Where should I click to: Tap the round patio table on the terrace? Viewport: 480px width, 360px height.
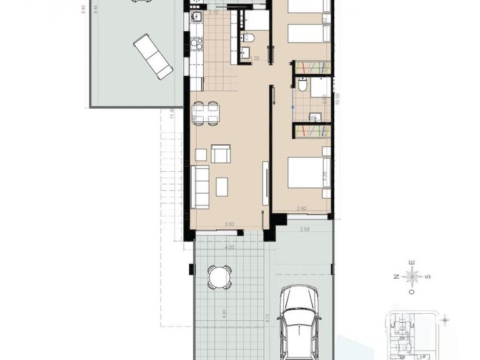tap(219, 276)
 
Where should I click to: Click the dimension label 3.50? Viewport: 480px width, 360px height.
tap(229, 224)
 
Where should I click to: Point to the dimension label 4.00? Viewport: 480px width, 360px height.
tap(230, 247)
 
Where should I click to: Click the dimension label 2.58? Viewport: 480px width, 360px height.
tap(304, 230)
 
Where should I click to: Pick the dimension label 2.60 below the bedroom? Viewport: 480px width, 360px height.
tap(301, 209)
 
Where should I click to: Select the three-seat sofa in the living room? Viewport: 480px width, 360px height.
tap(200, 186)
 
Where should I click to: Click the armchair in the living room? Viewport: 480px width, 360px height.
tap(221, 154)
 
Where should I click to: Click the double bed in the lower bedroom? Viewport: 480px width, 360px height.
tap(307, 173)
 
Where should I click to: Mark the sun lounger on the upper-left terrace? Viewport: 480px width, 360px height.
tap(153, 56)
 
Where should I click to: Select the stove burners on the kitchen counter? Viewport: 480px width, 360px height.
tap(196, 44)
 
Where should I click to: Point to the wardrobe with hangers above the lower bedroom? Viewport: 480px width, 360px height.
tap(312, 130)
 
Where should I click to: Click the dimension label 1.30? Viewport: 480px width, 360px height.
tap(254, 59)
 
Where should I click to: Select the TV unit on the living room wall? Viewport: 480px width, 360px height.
tap(266, 181)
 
